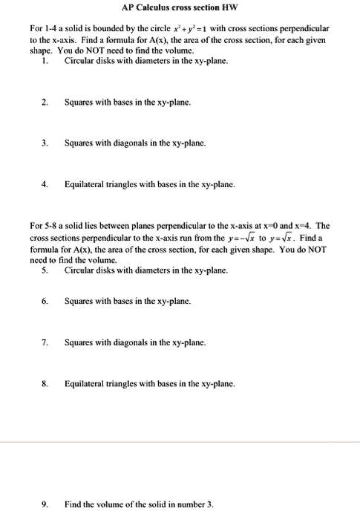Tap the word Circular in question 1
80,61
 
